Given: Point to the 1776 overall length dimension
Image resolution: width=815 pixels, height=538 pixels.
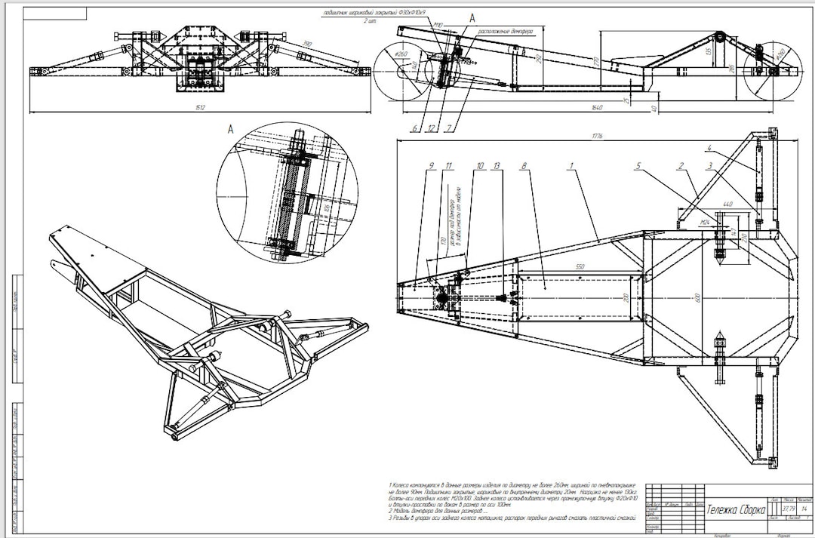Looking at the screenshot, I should [x=597, y=136].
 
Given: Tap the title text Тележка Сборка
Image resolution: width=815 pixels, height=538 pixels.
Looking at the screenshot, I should [x=734, y=511].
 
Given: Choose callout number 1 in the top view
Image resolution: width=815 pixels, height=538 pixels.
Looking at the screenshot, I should [x=571, y=165].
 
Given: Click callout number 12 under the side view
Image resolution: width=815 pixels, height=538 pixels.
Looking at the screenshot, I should [x=431, y=128].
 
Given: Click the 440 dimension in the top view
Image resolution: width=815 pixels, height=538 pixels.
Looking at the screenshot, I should [x=727, y=204].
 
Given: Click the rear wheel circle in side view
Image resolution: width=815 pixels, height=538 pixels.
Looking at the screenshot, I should [x=763, y=68].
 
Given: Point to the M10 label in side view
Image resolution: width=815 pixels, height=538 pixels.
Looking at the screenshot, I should [x=438, y=24].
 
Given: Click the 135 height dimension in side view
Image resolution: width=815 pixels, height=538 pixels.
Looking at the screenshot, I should [x=707, y=52].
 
